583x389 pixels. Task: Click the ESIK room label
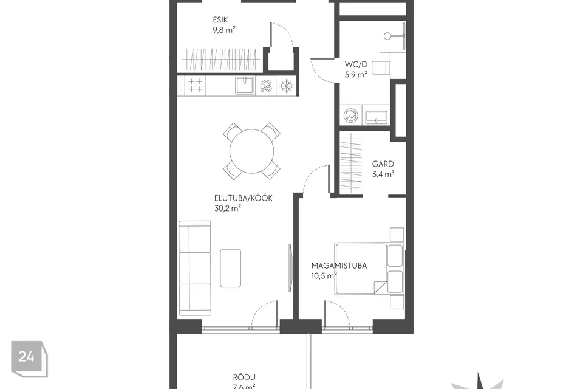click(220, 19)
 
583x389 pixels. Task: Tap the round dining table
click(251, 151)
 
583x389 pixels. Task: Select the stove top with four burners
click(195, 86)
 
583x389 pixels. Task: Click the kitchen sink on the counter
click(245, 86)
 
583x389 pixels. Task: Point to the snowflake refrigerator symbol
click(286, 86)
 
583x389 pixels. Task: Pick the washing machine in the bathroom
click(350, 115)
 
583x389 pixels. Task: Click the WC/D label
click(356, 64)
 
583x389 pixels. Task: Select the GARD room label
click(383, 164)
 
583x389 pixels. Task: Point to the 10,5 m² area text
click(324, 275)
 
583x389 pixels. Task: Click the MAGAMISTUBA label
click(339, 266)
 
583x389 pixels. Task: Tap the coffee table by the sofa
click(231, 268)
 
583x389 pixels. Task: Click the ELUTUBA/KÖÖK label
click(243, 198)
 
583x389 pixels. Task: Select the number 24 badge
click(29, 359)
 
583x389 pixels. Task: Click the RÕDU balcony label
click(244, 377)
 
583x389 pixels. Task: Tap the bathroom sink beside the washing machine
click(377, 117)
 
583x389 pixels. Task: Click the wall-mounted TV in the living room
click(290, 267)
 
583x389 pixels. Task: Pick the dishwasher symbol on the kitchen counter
click(266, 86)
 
